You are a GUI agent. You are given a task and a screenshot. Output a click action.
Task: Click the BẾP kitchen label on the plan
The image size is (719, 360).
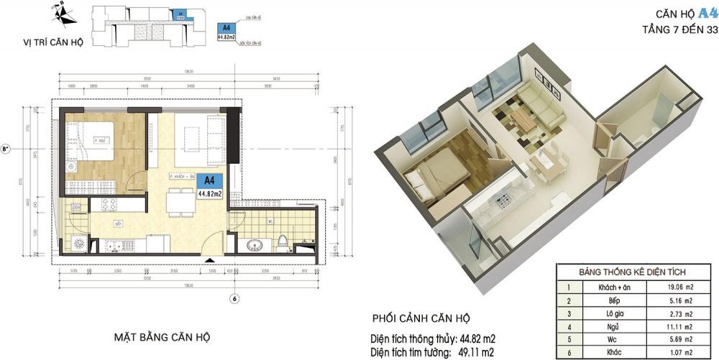click(116, 224)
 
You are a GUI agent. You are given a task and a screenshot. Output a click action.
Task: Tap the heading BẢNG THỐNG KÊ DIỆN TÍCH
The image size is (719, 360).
click(632, 272)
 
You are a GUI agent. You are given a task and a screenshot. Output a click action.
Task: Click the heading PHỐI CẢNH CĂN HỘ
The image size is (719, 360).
click(421, 318)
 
